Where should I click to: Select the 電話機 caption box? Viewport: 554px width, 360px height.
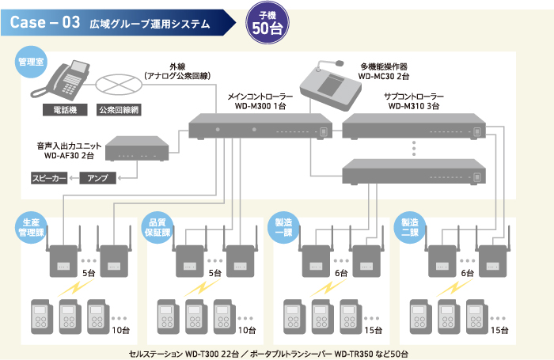click(66, 110)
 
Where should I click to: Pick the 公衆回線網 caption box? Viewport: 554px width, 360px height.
click(118, 110)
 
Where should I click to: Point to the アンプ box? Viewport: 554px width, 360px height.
click(97, 178)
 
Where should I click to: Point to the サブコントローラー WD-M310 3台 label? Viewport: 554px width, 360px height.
click(414, 100)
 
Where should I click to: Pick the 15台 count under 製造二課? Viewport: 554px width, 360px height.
click(500, 330)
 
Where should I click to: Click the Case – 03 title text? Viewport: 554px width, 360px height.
click(45, 23)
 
